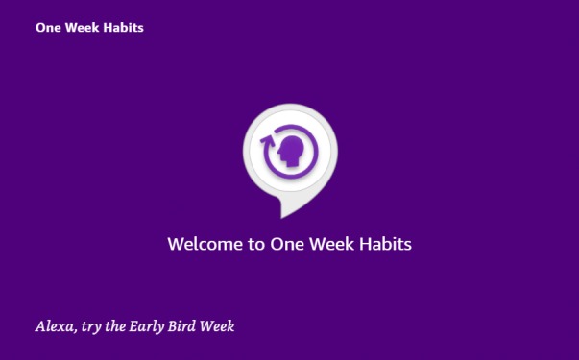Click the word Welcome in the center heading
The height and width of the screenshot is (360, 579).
point(204,244)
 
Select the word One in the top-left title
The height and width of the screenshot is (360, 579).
point(48,28)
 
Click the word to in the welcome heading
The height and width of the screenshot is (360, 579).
point(255,244)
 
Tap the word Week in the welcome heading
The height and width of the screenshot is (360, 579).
point(331,244)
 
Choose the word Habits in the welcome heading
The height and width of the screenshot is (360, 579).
point(385,244)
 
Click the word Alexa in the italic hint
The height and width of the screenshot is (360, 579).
point(54,326)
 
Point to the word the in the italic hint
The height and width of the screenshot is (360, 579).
point(117,326)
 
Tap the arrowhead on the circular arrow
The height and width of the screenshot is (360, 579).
point(268,142)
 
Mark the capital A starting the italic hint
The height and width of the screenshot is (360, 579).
point(41,326)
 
